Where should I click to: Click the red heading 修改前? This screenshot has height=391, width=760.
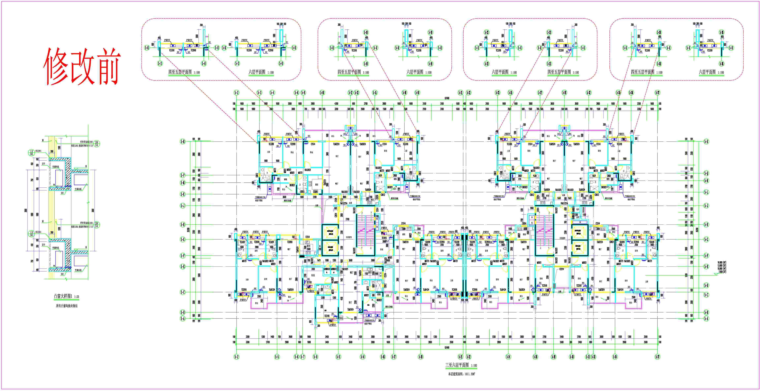[x=82, y=66]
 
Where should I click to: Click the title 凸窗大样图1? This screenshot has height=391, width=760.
[x=62, y=296]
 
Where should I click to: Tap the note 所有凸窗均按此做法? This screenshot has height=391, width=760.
[x=67, y=306]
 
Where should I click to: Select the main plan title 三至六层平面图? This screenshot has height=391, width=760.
[x=457, y=365]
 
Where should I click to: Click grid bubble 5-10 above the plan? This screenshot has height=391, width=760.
[x=322, y=93]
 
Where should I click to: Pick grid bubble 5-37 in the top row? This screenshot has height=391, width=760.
[x=657, y=93]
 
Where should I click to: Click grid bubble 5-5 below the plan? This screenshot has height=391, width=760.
[x=277, y=357]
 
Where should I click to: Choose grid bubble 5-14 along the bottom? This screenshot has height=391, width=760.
[x=362, y=357]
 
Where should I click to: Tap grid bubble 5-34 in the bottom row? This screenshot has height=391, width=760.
[x=615, y=357]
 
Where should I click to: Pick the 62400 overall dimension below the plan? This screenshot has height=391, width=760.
[x=447, y=348]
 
